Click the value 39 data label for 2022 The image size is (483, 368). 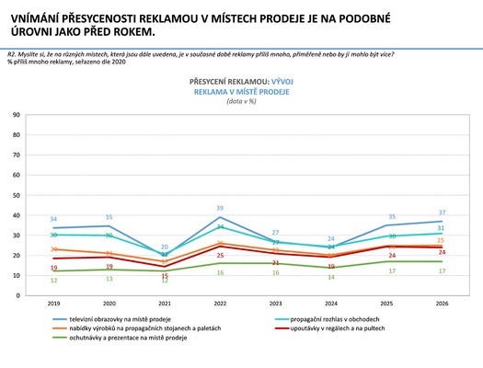[x=221, y=209]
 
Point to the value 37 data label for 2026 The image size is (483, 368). [x=442, y=213]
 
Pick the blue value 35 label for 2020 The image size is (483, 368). [x=109, y=217]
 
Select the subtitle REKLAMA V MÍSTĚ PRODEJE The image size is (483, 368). [x=243, y=93]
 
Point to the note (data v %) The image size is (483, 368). [x=243, y=102]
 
